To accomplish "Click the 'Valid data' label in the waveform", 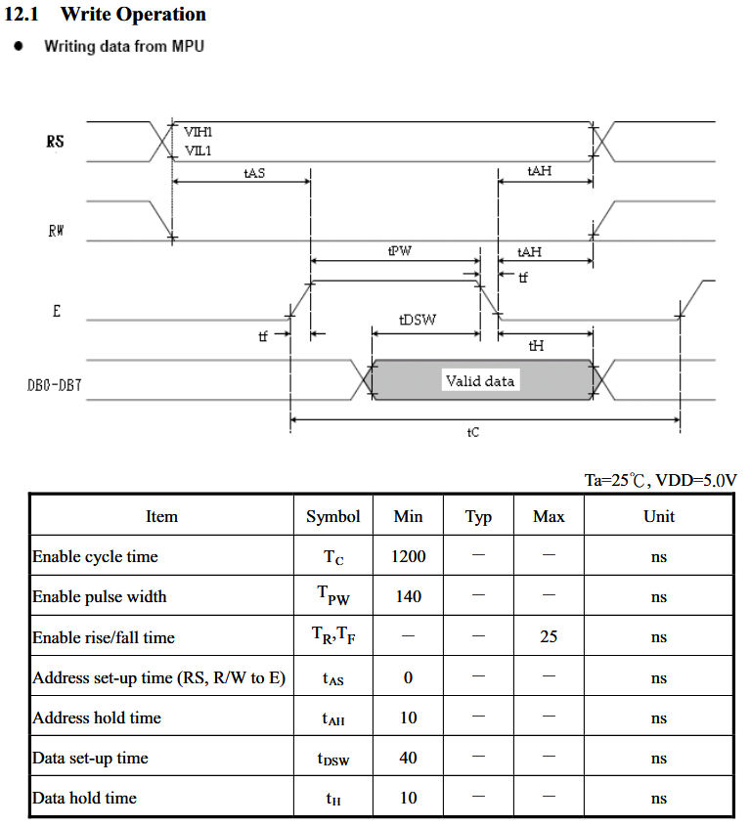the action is tap(479, 380).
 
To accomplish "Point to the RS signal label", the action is tap(56, 141).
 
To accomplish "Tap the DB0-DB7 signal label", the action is tap(55, 385).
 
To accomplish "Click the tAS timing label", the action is tap(254, 173).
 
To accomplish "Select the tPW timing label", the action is tap(400, 251).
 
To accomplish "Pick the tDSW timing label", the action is tap(418, 320).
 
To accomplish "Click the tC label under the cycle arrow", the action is tap(472, 432).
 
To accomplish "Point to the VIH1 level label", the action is tap(199, 132).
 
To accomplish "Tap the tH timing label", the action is tap(536, 346).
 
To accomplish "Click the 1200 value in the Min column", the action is tap(409, 556).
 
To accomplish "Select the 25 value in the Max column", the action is tap(549, 636).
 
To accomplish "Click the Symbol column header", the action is tap(333, 516).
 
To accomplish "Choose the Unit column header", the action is tap(659, 516).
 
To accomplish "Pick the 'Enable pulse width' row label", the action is tap(100, 596).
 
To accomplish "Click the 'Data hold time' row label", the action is tap(84, 798).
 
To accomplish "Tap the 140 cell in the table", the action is tap(409, 596).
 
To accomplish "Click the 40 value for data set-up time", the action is tap(409, 758).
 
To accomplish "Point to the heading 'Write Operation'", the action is tap(133, 15).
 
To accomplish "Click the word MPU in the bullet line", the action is tap(188, 46).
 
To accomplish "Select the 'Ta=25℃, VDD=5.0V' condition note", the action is tap(660, 480).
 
